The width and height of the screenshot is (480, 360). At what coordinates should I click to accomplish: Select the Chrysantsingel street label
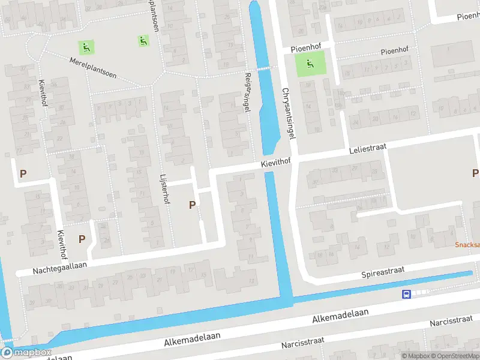(289, 113)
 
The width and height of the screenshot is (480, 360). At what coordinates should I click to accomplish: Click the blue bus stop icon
(406, 294)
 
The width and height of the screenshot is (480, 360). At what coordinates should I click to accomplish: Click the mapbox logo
(26, 352)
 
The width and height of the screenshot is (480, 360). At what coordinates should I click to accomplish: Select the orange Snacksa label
(467, 245)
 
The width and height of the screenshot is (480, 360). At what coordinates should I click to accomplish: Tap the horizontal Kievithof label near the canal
(276, 163)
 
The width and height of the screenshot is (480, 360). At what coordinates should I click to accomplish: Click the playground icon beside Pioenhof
(310, 63)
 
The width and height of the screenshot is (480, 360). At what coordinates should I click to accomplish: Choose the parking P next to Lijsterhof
(192, 205)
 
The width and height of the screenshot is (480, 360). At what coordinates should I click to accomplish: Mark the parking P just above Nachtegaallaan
(82, 238)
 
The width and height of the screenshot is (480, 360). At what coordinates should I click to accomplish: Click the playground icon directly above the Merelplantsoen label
(86, 46)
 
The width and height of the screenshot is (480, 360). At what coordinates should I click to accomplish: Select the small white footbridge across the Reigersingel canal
(264, 68)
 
